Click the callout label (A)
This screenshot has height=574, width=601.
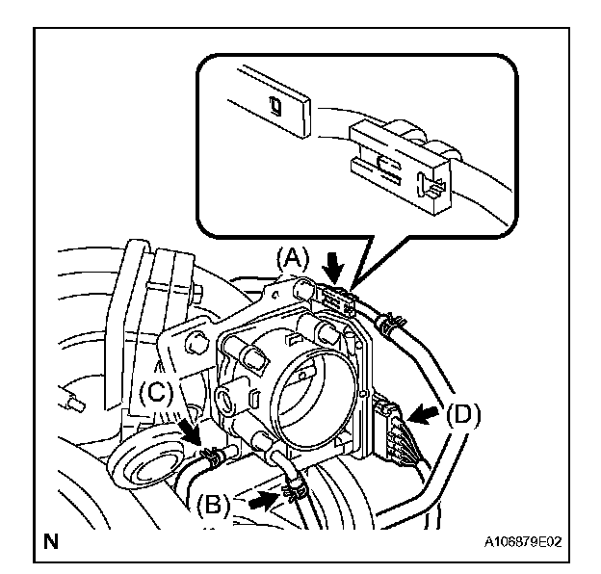[291, 258]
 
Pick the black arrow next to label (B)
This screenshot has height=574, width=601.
[259, 501]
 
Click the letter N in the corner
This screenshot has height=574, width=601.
[50, 542]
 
